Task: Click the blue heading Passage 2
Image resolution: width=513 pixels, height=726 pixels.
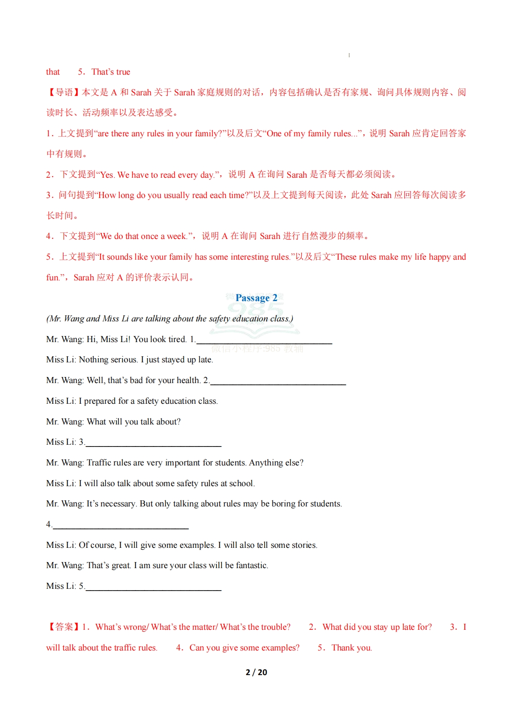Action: pos(256,298)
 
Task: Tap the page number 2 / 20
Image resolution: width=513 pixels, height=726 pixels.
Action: pos(256,672)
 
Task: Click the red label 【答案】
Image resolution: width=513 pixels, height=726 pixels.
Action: pos(63,627)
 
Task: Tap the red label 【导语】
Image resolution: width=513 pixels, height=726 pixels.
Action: pos(63,92)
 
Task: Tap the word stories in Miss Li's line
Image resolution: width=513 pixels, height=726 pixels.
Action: pos(303,545)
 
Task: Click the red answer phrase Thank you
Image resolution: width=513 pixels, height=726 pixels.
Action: pos(351,648)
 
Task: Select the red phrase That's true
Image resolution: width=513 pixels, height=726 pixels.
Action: pos(111,72)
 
